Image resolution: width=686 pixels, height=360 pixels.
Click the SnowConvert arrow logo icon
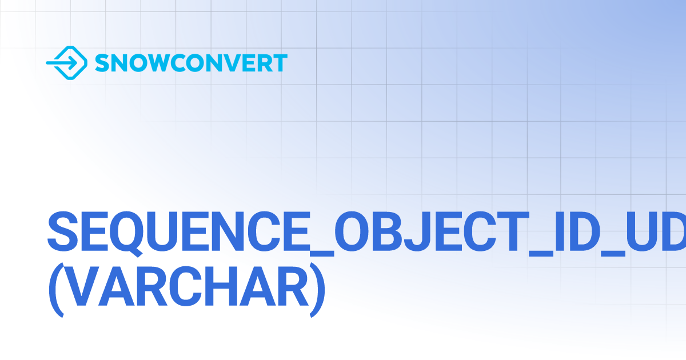pos(66,62)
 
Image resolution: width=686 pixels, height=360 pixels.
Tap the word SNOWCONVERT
pos(191,63)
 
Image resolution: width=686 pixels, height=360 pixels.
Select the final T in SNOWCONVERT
pos(280,63)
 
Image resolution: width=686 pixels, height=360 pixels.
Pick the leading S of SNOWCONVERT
pos(102,63)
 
